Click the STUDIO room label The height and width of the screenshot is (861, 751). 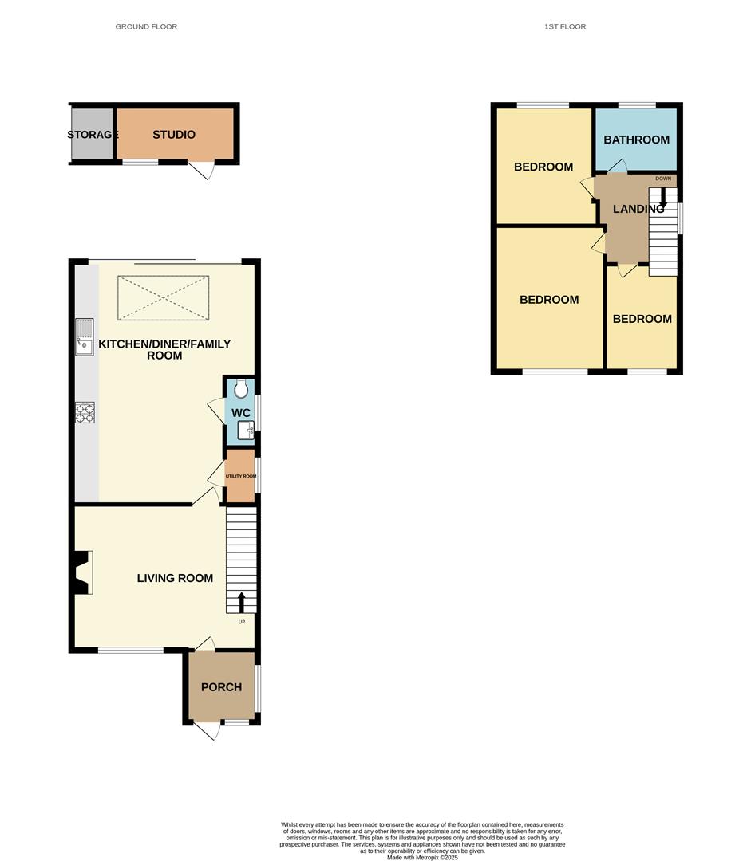[174, 135]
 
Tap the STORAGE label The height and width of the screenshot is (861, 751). [93, 135]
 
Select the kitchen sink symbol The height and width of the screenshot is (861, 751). [85, 336]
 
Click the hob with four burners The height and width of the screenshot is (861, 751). [85, 412]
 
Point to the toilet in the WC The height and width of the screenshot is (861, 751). [241, 389]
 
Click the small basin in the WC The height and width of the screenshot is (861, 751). [246, 431]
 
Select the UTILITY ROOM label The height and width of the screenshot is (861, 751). [240, 476]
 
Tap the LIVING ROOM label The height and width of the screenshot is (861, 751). [175, 578]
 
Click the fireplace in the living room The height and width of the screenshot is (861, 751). [83, 572]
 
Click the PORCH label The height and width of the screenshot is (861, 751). [221, 687]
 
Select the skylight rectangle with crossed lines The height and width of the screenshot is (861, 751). [164, 298]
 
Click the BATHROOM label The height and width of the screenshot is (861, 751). [636, 140]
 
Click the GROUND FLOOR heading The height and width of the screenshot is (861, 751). [146, 26]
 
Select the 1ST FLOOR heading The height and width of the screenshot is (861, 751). [565, 26]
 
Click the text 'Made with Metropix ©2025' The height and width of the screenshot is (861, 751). [422, 858]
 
